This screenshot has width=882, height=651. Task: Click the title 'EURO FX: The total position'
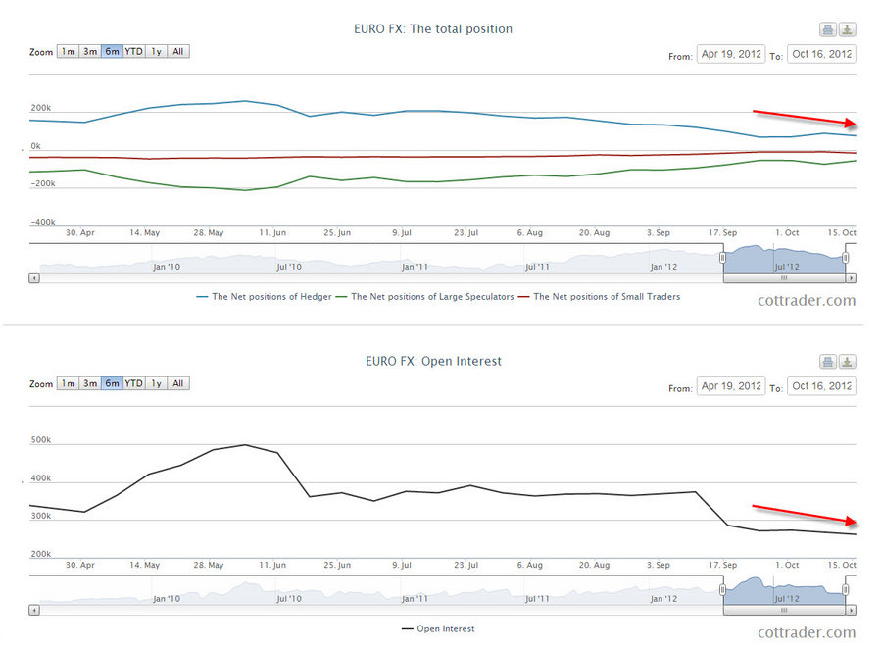pos(432,29)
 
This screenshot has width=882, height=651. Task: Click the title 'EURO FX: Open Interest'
pos(432,361)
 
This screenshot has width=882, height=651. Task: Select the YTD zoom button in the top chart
pos(133,51)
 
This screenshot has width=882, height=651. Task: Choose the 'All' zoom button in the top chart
pos(178,51)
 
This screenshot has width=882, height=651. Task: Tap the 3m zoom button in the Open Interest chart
pos(89,383)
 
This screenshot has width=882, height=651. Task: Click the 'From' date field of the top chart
pos(730,54)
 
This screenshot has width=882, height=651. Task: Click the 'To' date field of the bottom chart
pos(821,386)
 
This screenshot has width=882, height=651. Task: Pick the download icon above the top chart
pos(848,29)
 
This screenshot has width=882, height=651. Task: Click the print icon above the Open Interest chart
pos(827,362)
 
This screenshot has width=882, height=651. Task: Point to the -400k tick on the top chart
pos(41,223)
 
